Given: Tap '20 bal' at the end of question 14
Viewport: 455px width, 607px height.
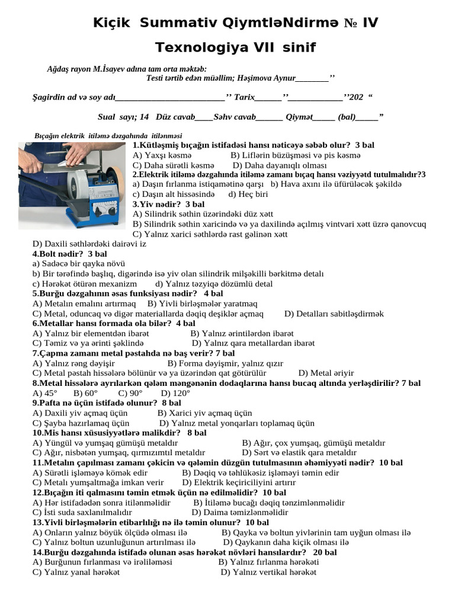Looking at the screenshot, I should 325,552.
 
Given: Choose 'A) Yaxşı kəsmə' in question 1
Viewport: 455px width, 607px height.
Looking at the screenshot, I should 158,155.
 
